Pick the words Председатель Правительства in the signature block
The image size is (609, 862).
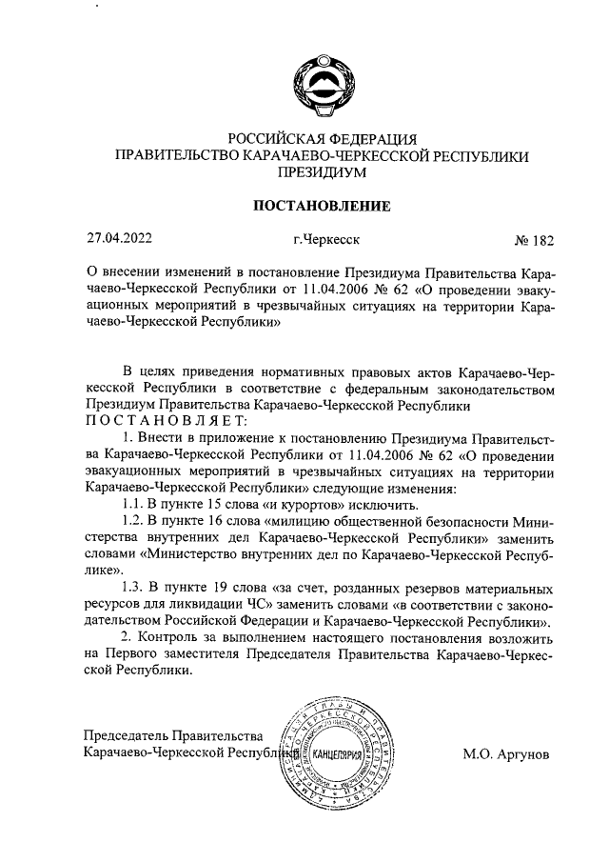coord(172,736)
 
